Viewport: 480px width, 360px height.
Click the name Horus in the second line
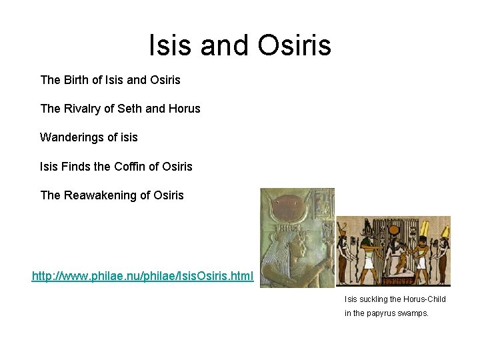click(185, 108)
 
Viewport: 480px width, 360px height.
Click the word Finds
click(77, 166)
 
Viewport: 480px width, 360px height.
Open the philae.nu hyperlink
click(143, 275)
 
